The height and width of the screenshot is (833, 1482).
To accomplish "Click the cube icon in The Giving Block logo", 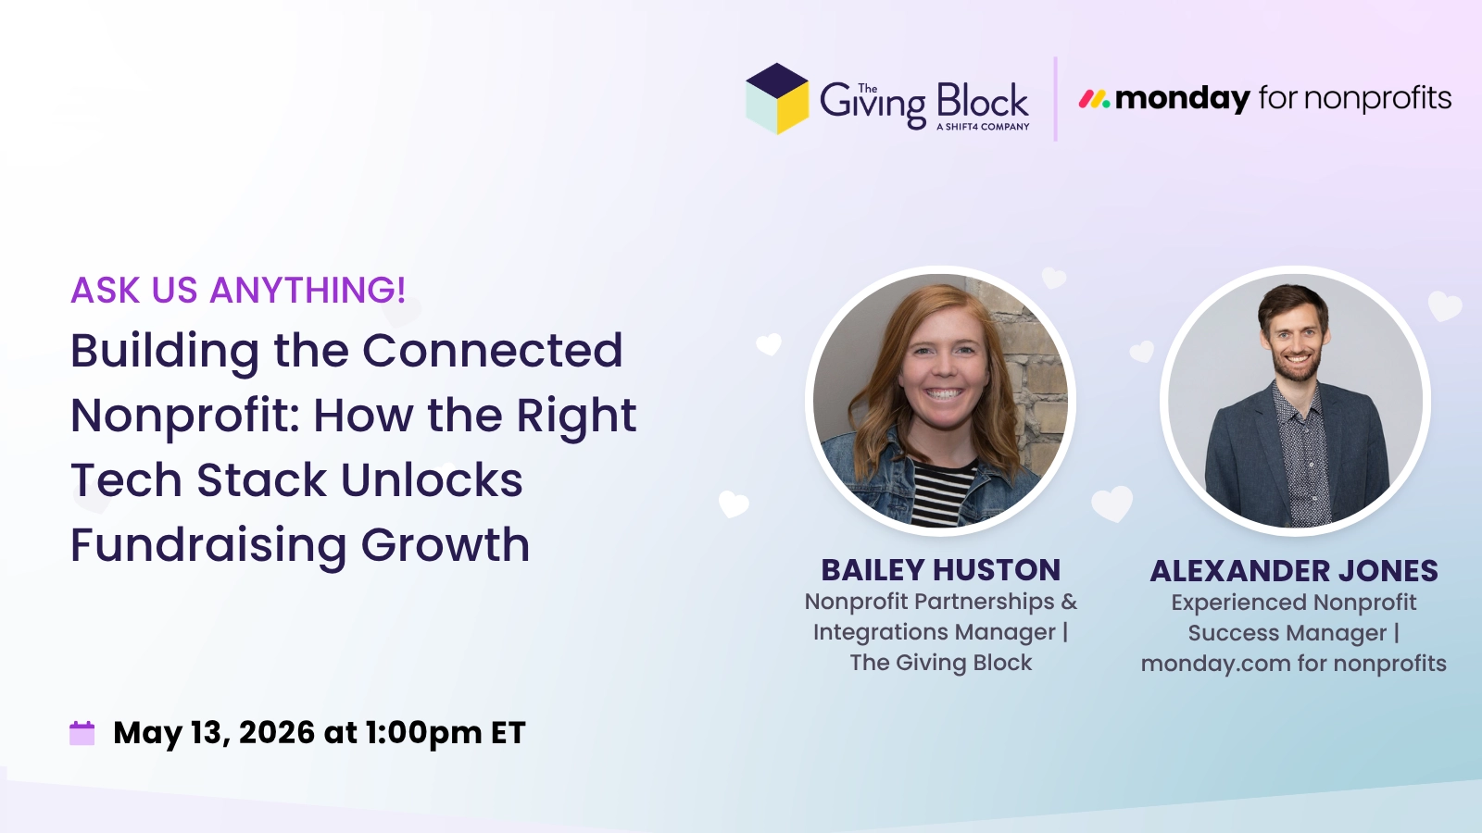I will click(x=777, y=99).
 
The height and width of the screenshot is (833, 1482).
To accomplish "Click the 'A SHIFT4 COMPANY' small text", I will click(x=983, y=127).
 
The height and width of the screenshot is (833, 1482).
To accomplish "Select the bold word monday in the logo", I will click(x=1183, y=97).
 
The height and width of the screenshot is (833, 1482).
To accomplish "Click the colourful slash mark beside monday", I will click(x=1094, y=98).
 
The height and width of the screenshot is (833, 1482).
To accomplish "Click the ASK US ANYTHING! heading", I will click(x=238, y=291).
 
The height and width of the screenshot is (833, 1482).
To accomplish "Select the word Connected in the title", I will click(x=492, y=351).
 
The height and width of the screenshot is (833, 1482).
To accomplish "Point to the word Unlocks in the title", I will click(x=432, y=480).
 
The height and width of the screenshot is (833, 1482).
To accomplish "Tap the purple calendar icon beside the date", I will click(x=82, y=733).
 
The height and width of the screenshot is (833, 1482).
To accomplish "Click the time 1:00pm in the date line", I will click(x=423, y=733).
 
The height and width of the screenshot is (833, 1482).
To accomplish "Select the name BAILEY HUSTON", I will click(x=940, y=570).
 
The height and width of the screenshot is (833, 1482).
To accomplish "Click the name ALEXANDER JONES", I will click(x=1294, y=571).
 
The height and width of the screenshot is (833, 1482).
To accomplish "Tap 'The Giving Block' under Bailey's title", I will click(x=940, y=663).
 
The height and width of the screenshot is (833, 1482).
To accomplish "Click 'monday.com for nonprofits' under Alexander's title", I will click(x=1293, y=664).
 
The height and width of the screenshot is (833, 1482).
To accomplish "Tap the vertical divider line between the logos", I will click(x=1055, y=99).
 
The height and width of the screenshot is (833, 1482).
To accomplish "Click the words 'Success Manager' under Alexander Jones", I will click(x=1287, y=633).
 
